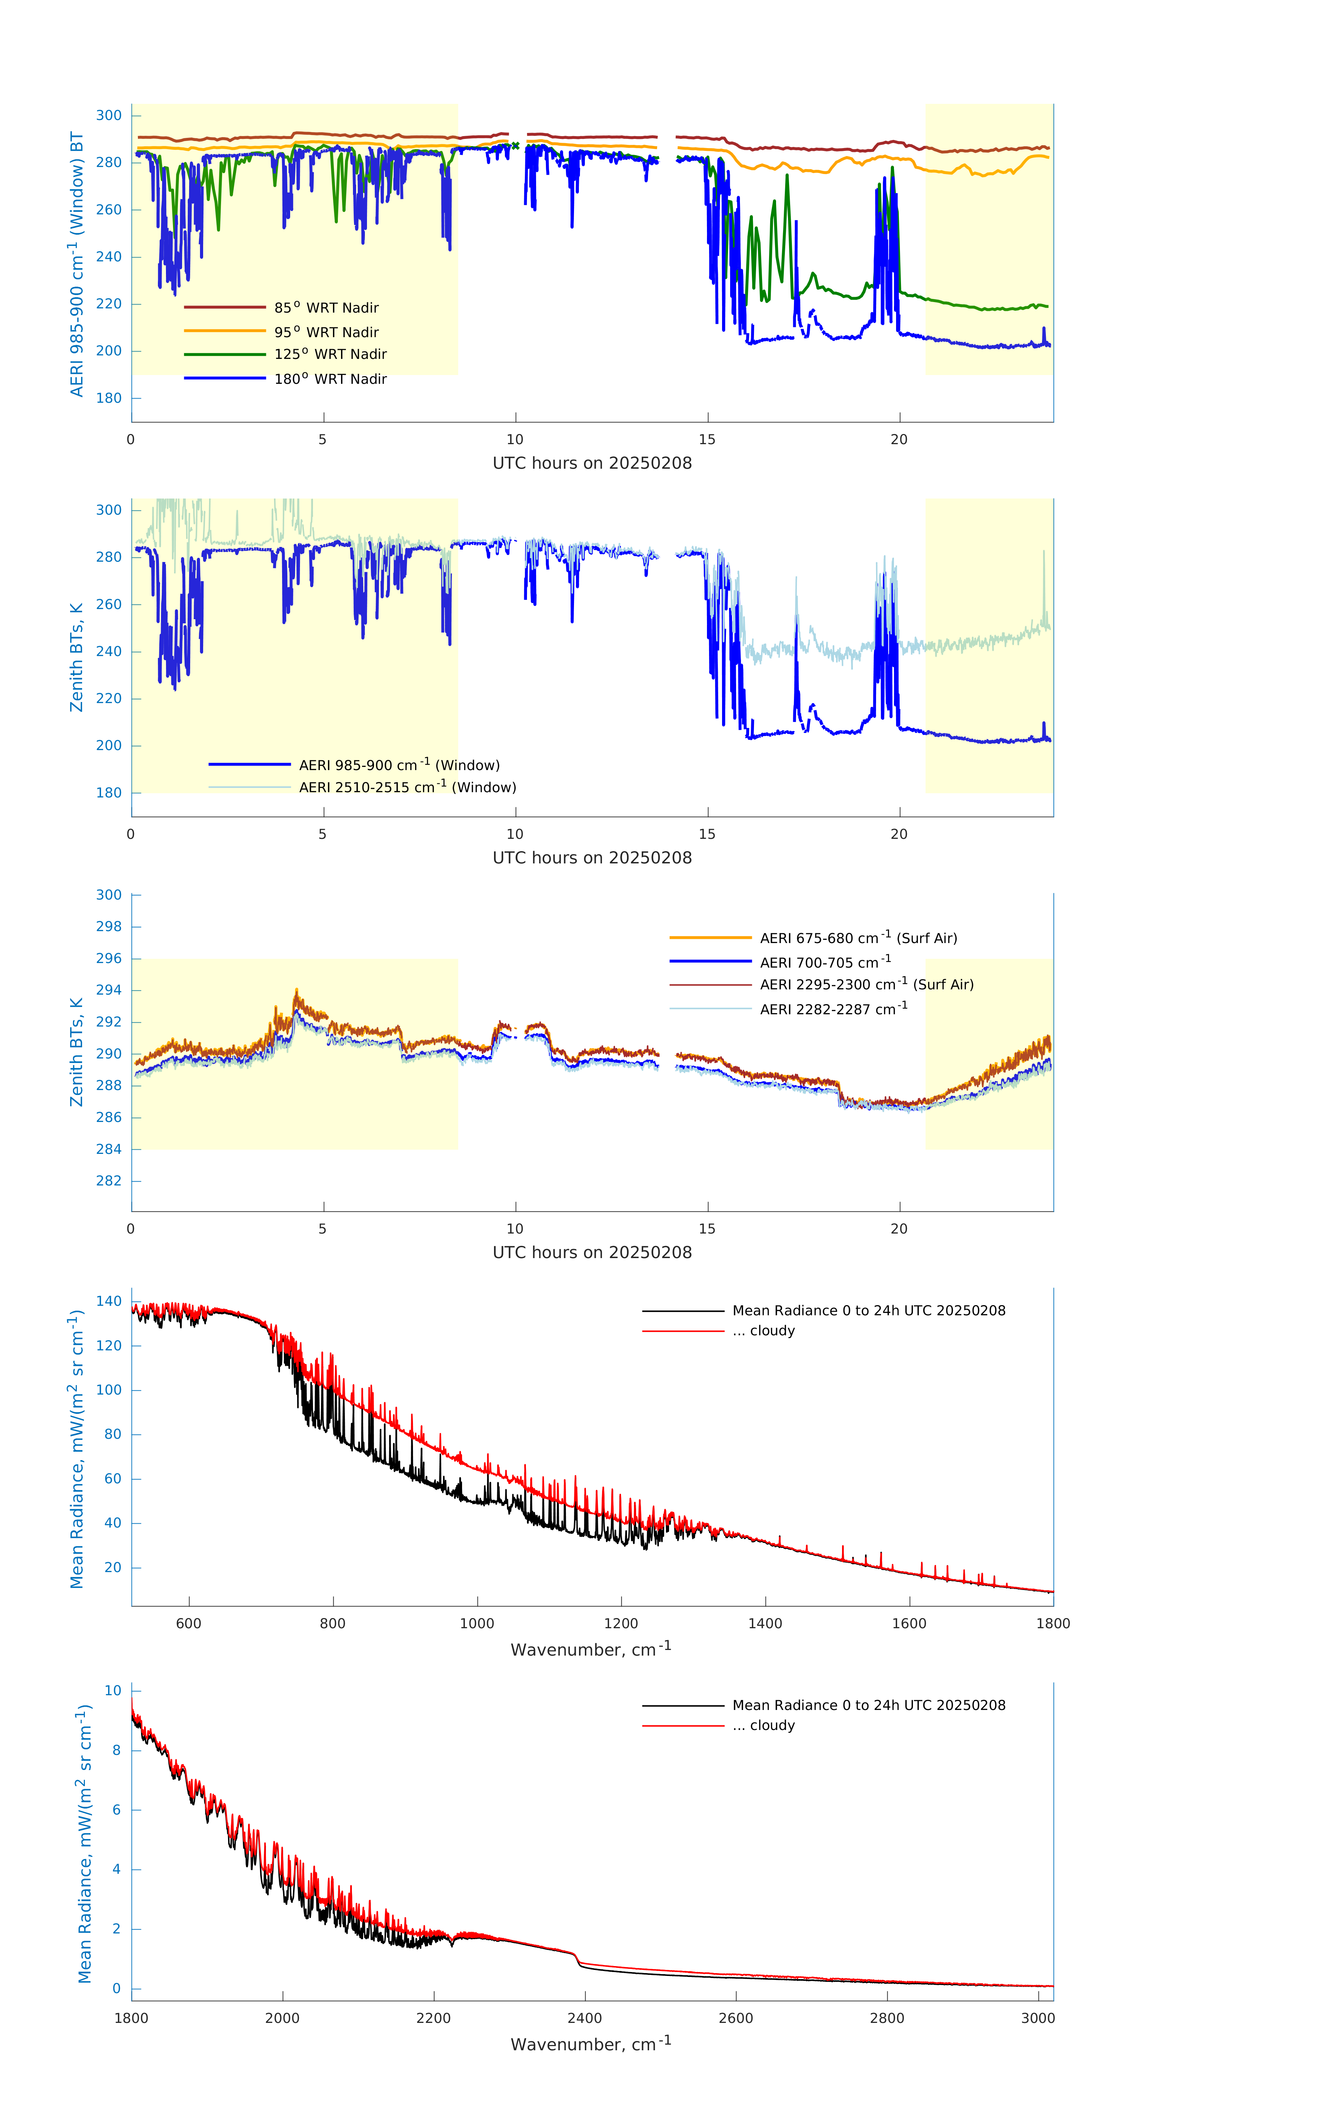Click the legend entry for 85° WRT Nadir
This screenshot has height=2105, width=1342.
pos(326,308)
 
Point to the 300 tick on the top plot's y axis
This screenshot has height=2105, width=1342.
pos(109,115)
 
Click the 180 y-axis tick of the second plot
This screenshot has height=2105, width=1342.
pos(109,793)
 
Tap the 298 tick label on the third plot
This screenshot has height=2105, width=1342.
pos(109,927)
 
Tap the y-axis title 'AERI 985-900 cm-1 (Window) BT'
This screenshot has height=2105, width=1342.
pos(77,264)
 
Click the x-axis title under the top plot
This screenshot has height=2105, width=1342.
pos(592,463)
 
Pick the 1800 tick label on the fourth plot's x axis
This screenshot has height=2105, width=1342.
pos(1053,1623)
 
